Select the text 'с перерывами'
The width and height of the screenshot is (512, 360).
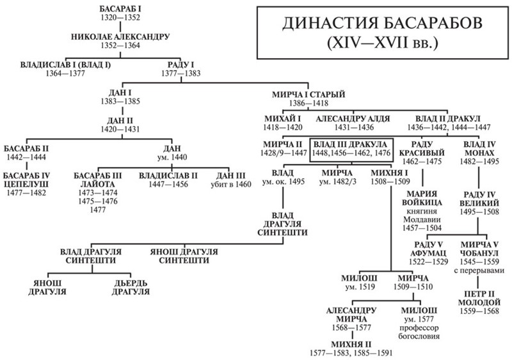point(483,270)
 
